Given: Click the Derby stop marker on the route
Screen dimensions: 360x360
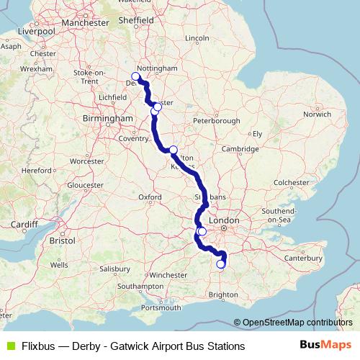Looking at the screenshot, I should pyautogui.click(x=135, y=76).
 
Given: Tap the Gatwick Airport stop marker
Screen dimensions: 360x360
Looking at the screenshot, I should pyautogui.click(x=221, y=264).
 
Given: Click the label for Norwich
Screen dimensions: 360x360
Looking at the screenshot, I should pyautogui.click(x=317, y=114).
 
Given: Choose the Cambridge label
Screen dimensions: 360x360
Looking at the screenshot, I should pyautogui.click(x=240, y=148).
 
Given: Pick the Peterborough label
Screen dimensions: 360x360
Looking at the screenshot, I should pyautogui.click(x=216, y=120).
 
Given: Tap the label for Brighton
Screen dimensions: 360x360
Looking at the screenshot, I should pyautogui.click(x=222, y=294).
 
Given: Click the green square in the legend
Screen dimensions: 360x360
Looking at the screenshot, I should pyautogui.click(x=9, y=346).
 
